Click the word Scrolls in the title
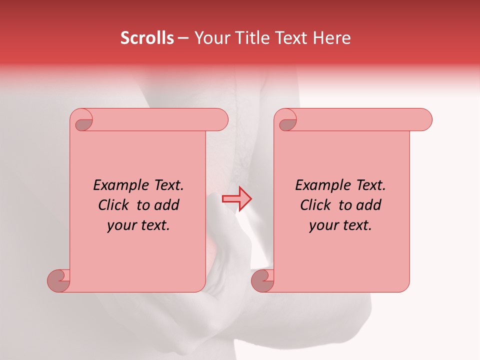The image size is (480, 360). [x=147, y=38]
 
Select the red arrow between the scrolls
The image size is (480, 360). [x=237, y=199]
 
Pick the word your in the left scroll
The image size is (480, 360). [x=120, y=226]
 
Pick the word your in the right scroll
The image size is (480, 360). [x=322, y=226]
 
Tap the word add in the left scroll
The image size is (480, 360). [x=167, y=205]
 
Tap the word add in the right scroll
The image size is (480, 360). [x=369, y=205]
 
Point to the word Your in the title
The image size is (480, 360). [x=209, y=38]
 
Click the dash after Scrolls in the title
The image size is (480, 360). [x=183, y=38]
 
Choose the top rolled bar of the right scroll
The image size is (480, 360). [x=360, y=119]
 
